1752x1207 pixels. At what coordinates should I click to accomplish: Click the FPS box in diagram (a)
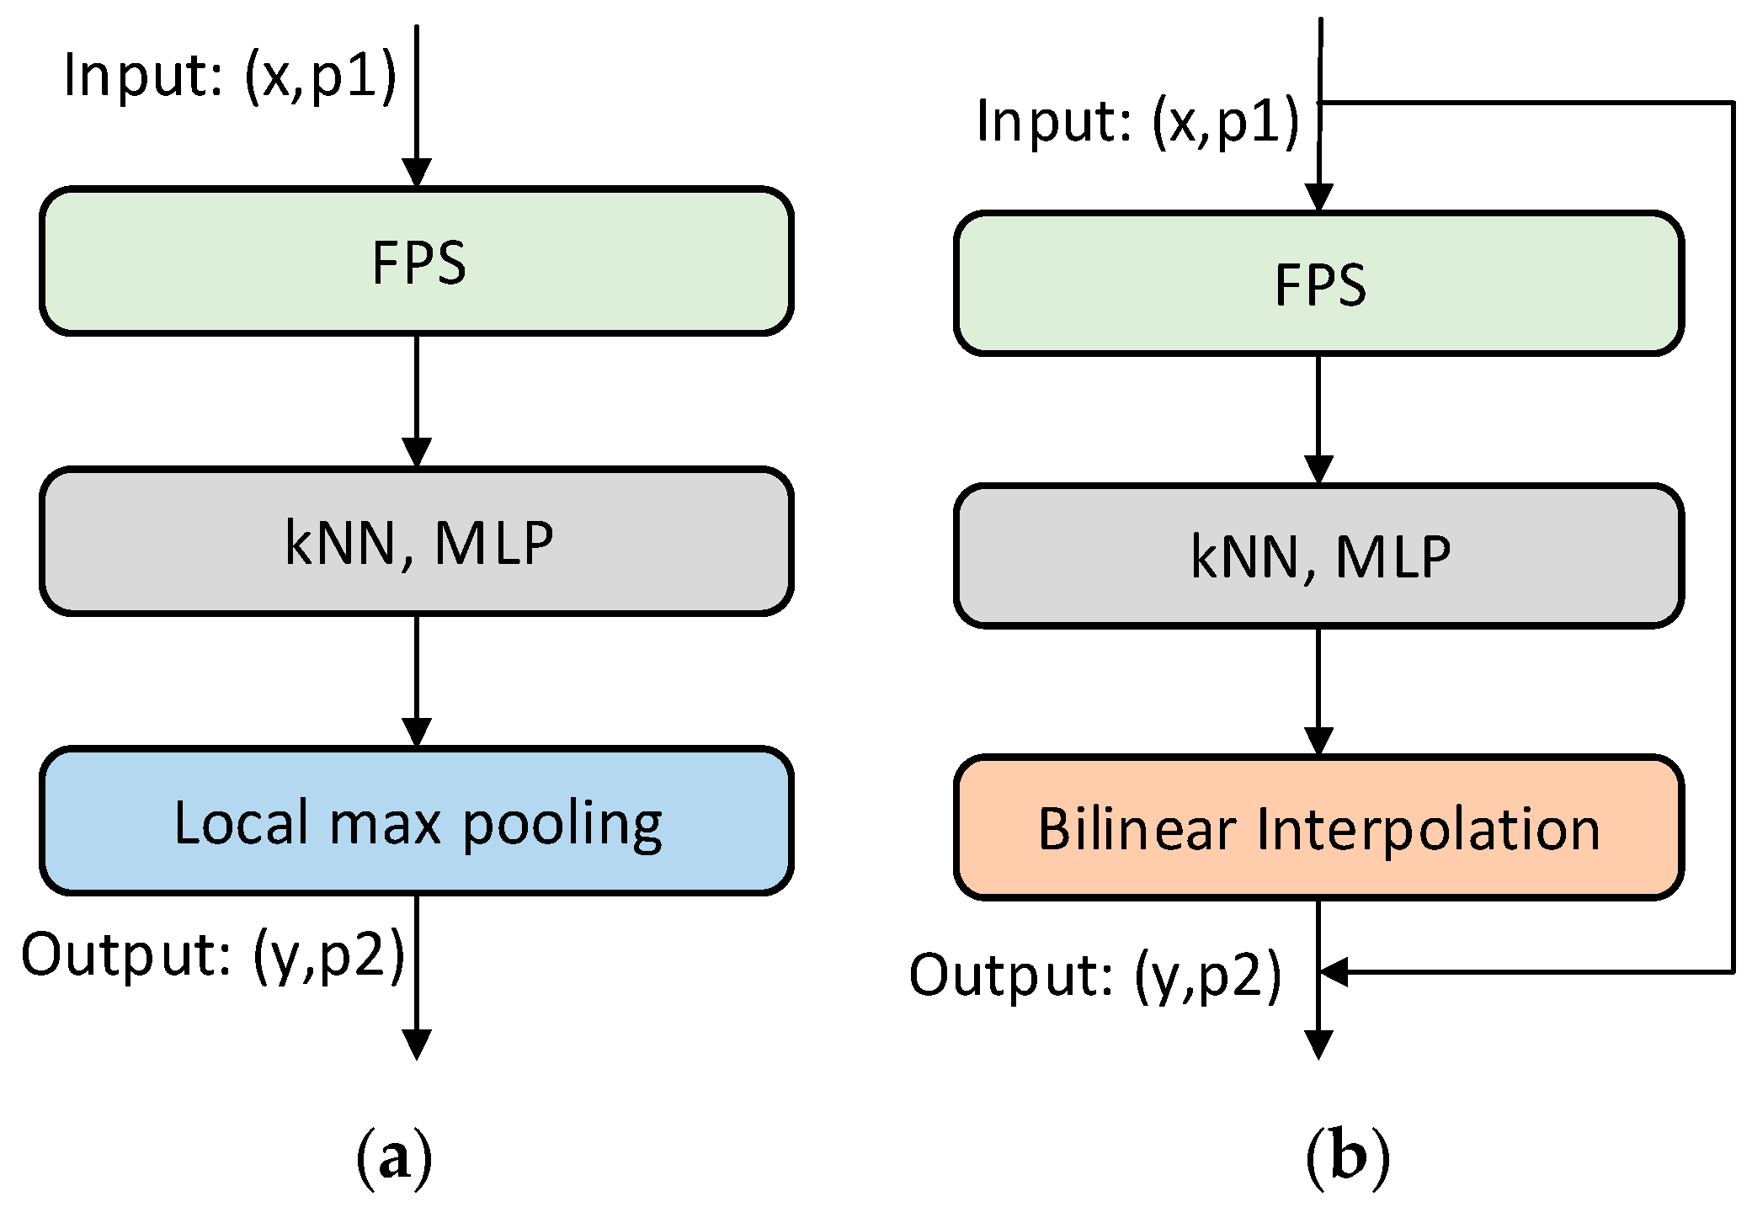416,261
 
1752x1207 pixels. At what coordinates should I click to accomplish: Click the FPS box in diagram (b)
1318,284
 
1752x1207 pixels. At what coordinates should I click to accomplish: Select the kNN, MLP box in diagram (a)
416,541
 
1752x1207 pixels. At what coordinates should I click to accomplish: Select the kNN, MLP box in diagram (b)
1318,556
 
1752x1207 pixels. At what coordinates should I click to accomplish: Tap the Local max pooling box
416,821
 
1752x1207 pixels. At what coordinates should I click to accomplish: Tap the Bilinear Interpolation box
1318,827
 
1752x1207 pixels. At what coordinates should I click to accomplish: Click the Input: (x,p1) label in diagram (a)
229,76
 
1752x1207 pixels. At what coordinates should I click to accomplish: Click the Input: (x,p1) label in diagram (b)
1137,121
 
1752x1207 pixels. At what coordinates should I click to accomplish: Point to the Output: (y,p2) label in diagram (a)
212,955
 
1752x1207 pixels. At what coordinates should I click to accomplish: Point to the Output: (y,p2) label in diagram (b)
1094,976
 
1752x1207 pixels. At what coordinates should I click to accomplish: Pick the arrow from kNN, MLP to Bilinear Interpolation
1318,690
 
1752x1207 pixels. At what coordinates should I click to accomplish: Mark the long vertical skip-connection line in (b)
1733,539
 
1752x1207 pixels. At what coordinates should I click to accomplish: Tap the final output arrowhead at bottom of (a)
417,1044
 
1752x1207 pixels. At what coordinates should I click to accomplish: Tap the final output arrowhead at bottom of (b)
1318,1044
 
